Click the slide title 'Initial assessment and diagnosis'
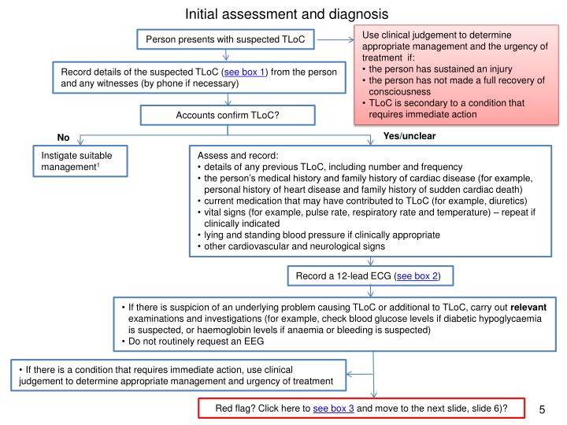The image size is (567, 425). click(287, 13)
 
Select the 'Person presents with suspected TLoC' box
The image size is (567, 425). click(226, 39)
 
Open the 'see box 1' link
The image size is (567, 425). click(245, 72)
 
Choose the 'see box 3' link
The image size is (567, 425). click(333, 408)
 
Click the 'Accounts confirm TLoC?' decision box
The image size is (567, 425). click(227, 116)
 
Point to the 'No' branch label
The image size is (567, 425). click(63, 138)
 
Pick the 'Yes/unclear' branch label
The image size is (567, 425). click(409, 136)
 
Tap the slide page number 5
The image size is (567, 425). click(543, 409)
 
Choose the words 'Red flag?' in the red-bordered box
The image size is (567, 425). click(237, 408)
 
